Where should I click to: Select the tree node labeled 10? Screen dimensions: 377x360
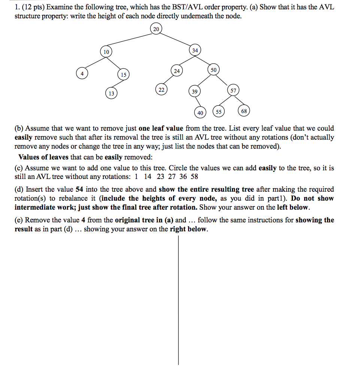[x=106, y=52]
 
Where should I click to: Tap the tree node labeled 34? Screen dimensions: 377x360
[x=195, y=50]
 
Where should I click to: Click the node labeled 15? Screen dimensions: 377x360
[x=123, y=75]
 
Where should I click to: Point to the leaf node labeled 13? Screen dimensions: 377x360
[x=111, y=93]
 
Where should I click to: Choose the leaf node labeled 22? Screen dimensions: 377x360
[x=161, y=90]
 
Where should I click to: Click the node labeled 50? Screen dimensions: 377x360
[x=213, y=70]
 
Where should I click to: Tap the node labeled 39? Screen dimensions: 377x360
[x=194, y=92]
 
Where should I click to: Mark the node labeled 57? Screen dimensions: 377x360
[x=233, y=91]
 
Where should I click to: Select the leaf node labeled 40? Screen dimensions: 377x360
[x=200, y=112]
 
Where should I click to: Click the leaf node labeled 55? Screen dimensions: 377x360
[x=219, y=112]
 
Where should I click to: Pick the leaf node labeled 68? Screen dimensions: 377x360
[x=244, y=111]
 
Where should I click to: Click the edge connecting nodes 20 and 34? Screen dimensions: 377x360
[x=176, y=40]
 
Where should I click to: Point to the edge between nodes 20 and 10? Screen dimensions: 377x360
[x=131, y=41]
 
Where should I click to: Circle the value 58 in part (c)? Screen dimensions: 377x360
[x=194, y=177]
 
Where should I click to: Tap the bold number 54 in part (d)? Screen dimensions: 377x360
[x=79, y=189]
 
